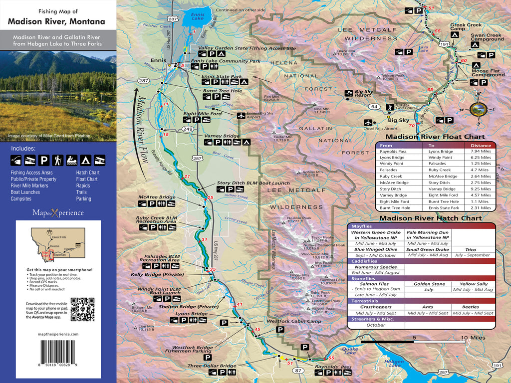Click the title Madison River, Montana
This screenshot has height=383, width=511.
[56, 21]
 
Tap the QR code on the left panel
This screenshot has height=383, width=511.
[82, 309]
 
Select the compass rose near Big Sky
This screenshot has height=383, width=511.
[480, 108]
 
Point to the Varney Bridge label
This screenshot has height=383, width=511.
[222, 136]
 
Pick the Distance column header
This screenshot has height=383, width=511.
[480, 145]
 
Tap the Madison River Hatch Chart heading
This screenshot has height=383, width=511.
[430, 218]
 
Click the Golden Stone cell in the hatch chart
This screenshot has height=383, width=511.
[428, 284]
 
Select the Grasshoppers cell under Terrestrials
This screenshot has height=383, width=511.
[376, 307]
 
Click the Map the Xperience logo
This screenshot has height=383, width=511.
[58, 212]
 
